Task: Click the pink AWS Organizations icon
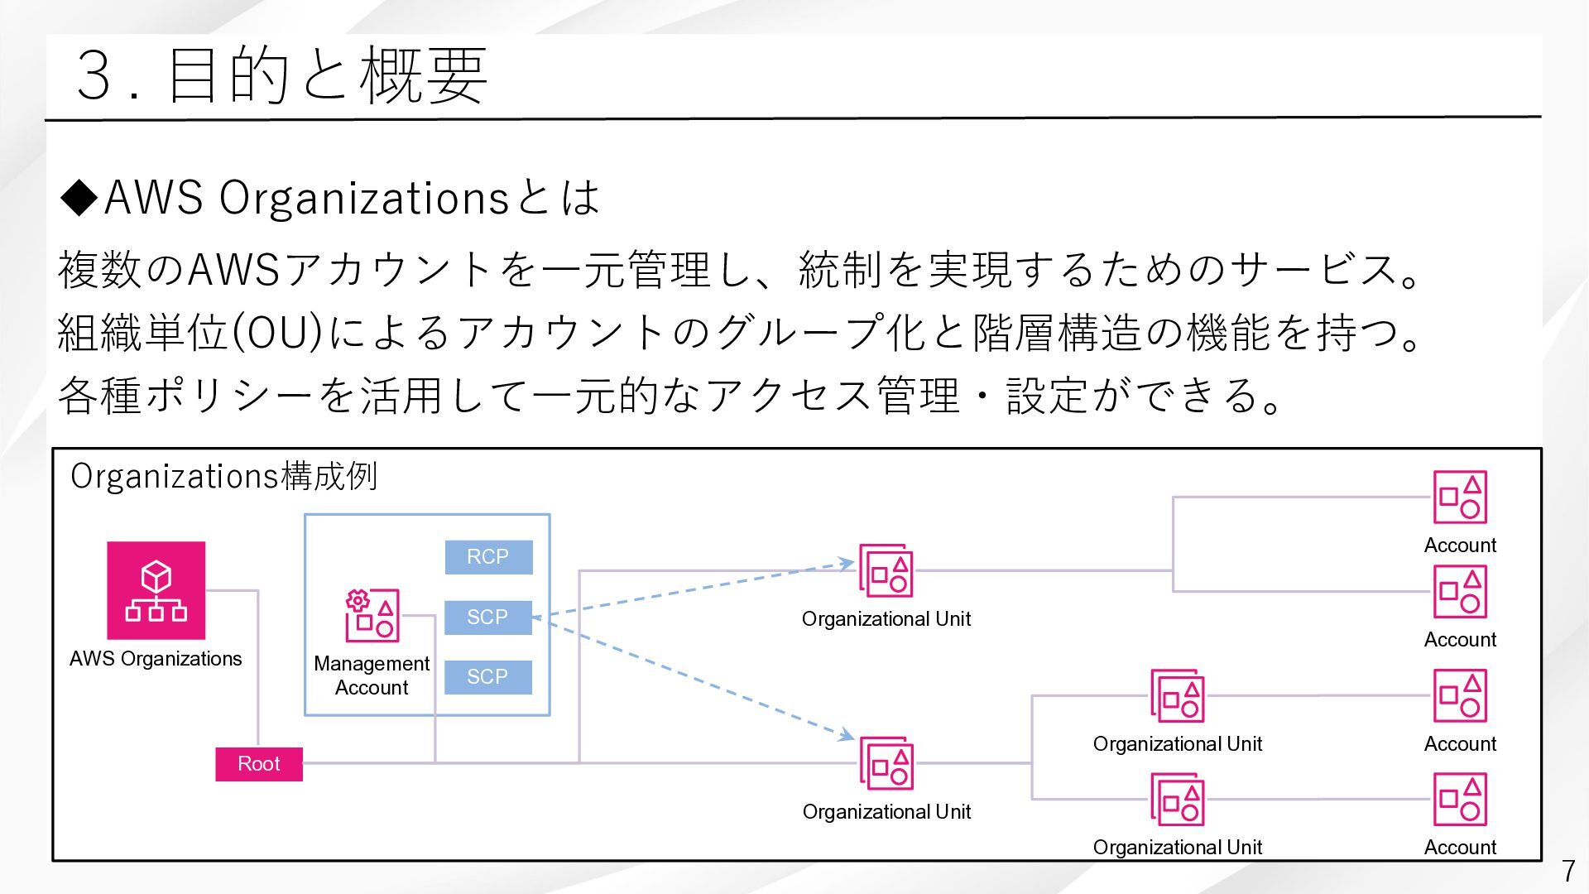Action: [156, 590]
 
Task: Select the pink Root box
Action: [259, 764]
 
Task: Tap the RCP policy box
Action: [488, 557]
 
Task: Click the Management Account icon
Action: [372, 616]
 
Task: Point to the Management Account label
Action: [372, 675]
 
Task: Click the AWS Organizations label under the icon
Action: [156, 659]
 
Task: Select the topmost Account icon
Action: [1460, 497]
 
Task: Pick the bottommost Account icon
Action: [1460, 799]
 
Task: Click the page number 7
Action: [1567, 871]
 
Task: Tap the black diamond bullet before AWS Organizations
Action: [80, 198]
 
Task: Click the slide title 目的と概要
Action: [327, 75]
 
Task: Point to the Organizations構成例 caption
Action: [224, 477]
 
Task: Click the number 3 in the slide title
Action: [94, 75]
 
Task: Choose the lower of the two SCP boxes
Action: [488, 677]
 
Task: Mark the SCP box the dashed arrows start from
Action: [488, 618]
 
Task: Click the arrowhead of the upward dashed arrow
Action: [847, 564]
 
